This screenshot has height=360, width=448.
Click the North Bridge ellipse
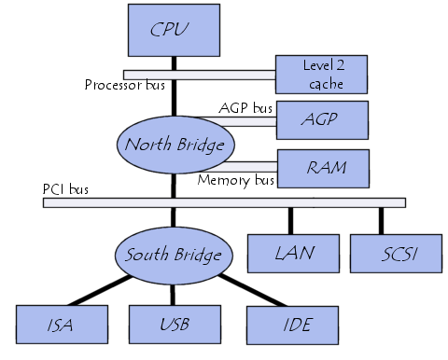pos(175,144)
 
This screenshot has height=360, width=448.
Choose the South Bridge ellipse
pos(173,254)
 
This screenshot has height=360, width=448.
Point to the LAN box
pos(292,253)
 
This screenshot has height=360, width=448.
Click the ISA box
pos(60,325)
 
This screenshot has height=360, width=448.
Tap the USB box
pos(173,325)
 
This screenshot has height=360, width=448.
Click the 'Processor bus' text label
pos(125,86)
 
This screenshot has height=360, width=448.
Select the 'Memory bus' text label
pos(235,180)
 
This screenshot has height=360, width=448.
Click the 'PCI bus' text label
pos(65,189)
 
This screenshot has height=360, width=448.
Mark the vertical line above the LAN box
pos(291,219)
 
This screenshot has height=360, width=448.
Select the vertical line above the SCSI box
pos(381,219)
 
